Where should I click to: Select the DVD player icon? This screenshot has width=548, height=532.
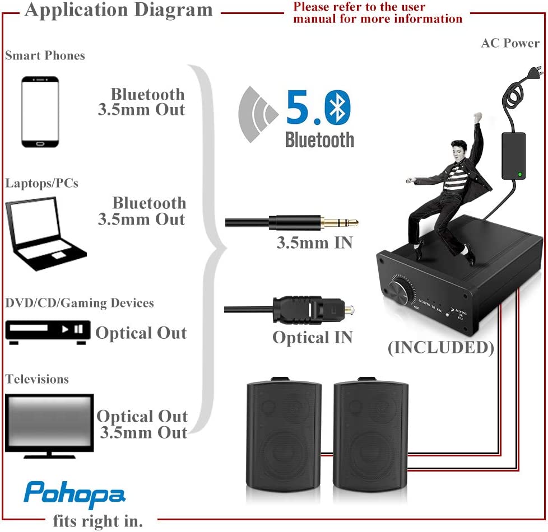pos(48,330)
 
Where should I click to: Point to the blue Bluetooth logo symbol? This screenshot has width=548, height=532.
pos(337,108)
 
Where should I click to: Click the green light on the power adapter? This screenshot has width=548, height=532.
pos(521,174)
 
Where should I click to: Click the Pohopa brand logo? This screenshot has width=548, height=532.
pos(74,492)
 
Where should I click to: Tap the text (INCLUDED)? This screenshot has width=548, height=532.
pos(441,347)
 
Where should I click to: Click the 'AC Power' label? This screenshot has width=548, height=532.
pos(510,43)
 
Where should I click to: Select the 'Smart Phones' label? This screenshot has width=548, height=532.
pos(45,55)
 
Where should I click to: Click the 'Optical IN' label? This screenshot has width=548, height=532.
pos(312,337)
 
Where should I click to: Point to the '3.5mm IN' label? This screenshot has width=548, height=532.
pos(314,243)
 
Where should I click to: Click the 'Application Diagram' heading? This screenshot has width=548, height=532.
pos(118,10)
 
